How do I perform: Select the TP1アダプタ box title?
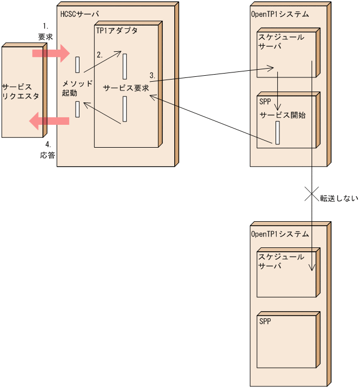point(117,31)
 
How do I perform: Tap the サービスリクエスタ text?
point(21,92)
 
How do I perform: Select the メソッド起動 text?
point(78,88)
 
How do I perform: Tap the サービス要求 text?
point(126,88)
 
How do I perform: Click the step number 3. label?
point(153,75)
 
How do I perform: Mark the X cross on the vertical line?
point(311,194)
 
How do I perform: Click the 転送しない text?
point(339,198)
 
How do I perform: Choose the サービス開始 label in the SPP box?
point(283,115)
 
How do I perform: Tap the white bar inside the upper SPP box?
point(278,133)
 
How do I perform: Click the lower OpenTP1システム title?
point(279,234)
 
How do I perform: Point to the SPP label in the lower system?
point(265,322)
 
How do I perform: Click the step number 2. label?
point(100,55)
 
